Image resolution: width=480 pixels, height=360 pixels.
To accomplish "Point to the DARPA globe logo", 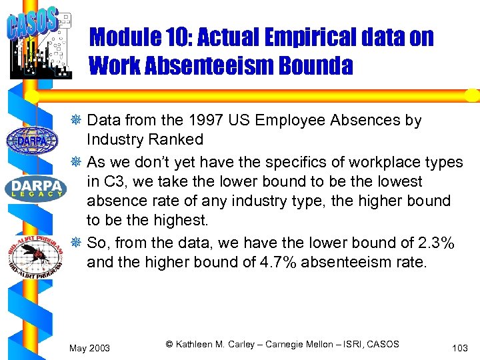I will click(x=31, y=139).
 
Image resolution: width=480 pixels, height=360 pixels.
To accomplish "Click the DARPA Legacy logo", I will click(x=35, y=188).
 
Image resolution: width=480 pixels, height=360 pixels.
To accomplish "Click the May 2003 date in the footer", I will click(x=90, y=349).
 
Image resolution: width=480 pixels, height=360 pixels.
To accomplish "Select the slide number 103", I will click(x=459, y=348).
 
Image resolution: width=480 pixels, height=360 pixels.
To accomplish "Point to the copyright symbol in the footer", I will click(x=169, y=344).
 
